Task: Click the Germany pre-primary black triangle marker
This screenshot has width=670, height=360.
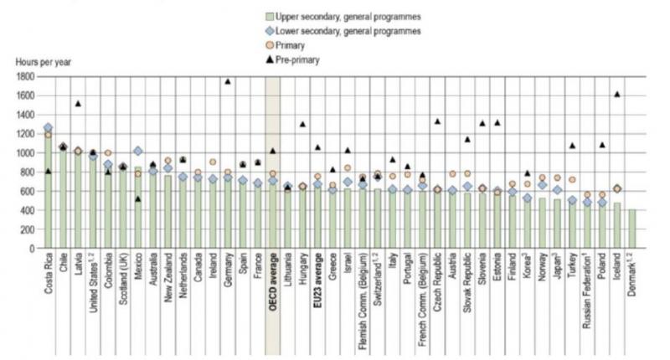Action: (x=228, y=81)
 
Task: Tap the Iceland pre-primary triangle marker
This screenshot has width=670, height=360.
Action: (x=618, y=94)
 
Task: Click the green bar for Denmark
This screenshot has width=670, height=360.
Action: (x=632, y=229)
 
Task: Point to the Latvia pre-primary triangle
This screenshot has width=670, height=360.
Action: (x=78, y=103)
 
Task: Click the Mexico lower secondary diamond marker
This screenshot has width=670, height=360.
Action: (x=137, y=151)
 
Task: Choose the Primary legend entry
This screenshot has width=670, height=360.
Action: (x=290, y=45)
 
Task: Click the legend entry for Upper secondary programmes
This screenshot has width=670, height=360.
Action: (x=343, y=17)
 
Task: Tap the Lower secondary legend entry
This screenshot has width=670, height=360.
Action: (x=348, y=31)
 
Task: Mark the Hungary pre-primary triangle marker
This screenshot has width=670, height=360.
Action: (x=301, y=124)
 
